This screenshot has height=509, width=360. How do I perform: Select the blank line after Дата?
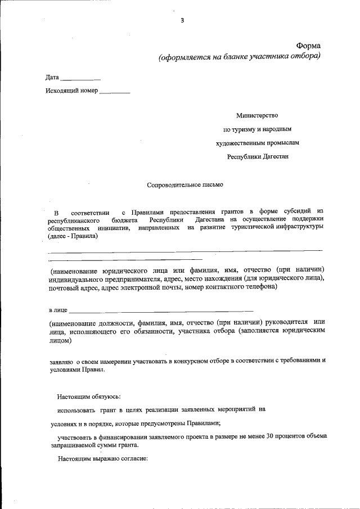80,79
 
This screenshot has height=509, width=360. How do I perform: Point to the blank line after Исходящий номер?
115,92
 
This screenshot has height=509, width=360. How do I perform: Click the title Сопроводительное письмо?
184,184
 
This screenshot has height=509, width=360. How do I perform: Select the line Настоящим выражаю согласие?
102,458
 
